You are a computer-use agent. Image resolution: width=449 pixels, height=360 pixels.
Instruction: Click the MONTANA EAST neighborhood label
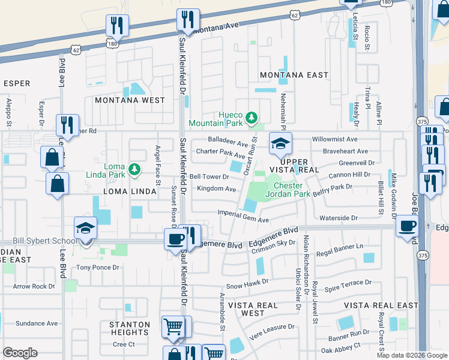294,75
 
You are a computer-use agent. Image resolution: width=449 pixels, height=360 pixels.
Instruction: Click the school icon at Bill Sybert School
85,229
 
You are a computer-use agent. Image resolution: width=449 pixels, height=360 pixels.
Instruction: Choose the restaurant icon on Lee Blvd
66,125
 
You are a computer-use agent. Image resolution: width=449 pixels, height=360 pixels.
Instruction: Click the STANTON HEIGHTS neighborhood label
130,328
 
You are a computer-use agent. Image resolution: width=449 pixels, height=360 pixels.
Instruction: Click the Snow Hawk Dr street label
246,287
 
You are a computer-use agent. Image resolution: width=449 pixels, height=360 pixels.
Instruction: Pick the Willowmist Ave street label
339,139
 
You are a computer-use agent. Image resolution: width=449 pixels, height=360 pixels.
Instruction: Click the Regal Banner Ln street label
340,246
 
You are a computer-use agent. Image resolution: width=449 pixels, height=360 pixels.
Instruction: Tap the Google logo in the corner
20,352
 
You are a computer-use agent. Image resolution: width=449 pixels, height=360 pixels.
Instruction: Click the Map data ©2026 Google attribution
411,355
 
